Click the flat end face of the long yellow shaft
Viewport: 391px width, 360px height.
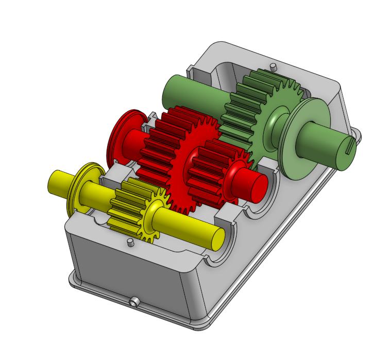(217, 238)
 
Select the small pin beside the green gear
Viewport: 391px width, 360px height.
(273, 66)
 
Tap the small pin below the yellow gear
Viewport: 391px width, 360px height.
(131, 242)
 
